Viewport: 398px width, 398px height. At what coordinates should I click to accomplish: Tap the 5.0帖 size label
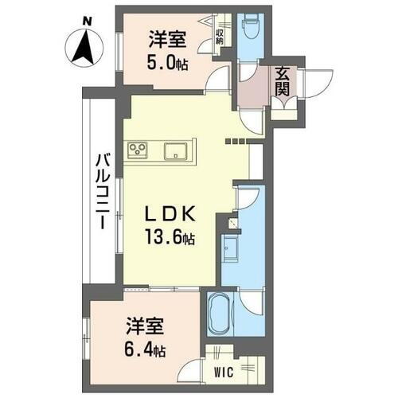[x=167, y=64]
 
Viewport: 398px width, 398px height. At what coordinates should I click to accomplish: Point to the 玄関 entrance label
[x=284, y=82]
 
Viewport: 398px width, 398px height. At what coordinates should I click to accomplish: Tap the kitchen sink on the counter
[x=176, y=150]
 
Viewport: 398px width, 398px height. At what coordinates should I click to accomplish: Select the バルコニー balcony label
[x=103, y=191]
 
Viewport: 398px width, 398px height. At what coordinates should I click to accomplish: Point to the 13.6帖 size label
[x=170, y=238]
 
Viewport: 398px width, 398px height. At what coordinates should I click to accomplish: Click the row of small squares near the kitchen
[x=236, y=141]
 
